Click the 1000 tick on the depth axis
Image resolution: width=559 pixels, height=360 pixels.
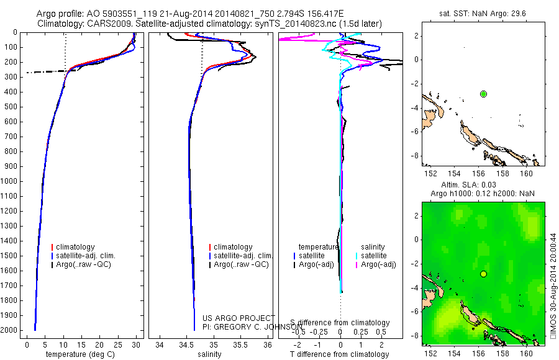coord(10,181)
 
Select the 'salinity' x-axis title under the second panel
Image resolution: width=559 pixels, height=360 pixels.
coord(209,354)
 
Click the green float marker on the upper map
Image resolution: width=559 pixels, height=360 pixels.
coord(483,94)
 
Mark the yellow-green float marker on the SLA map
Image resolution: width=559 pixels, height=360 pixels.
coord(483,274)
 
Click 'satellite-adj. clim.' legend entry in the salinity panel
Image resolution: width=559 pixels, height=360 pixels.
coord(243,256)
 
